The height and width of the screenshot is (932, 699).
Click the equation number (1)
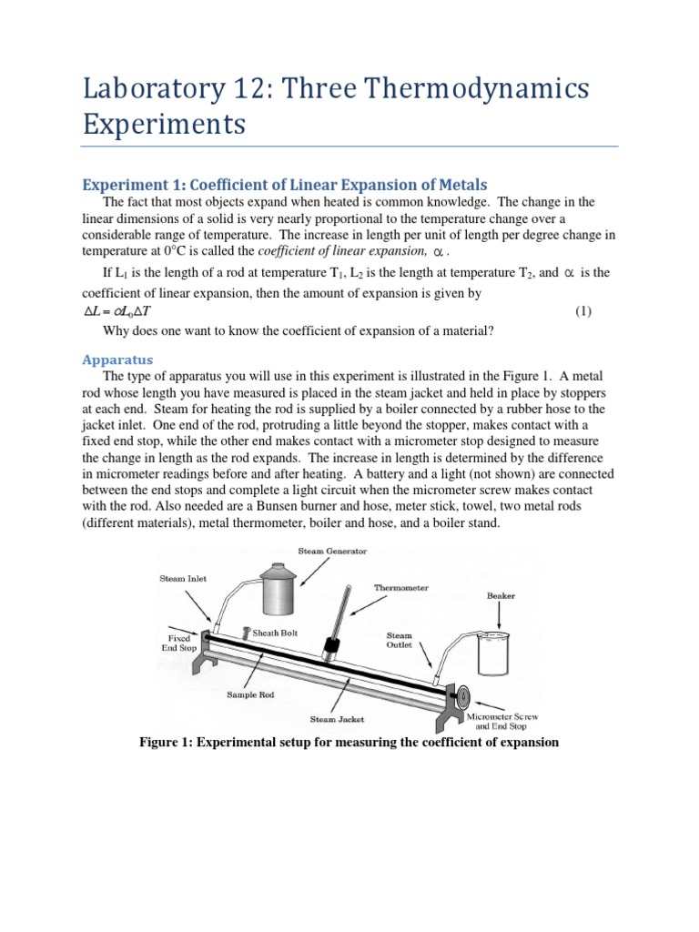click(x=583, y=311)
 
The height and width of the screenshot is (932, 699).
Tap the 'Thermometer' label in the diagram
click(x=401, y=588)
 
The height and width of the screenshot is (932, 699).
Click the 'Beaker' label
click(x=500, y=596)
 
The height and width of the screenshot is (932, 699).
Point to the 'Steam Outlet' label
click(x=400, y=641)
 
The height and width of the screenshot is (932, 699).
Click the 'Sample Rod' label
click(x=252, y=694)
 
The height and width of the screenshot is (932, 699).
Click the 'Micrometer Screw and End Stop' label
click(x=502, y=722)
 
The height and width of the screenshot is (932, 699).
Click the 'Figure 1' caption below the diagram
click(x=349, y=743)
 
